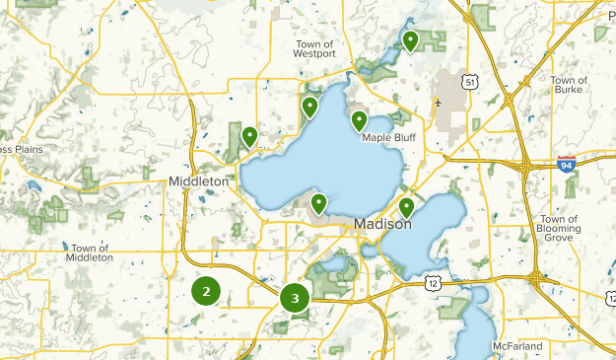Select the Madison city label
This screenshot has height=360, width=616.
coord(382,225)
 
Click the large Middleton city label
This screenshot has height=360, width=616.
coord(198,181)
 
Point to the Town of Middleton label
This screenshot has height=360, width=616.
coord(91,252)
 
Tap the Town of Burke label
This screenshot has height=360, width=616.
coord(569,87)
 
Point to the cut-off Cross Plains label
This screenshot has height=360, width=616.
coord(20,150)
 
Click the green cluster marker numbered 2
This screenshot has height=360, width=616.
coord(205,292)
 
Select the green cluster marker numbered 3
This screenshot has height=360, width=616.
coord(295,297)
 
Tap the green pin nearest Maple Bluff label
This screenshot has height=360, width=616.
coord(360,121)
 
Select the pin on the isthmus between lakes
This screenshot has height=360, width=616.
coord(406,207)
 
